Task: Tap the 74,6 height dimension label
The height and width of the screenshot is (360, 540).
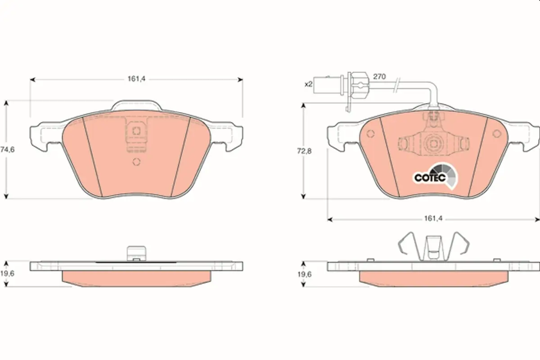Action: pos(8,150)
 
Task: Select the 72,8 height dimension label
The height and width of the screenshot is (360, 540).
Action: pos(304,151)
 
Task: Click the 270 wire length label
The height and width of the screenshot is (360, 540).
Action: pos(379,76)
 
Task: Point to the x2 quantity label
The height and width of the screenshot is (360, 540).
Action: pos(309,84)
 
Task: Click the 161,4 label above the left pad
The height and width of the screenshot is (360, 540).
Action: pos(136,79)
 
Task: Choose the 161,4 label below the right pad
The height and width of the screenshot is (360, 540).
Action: pos(433,218)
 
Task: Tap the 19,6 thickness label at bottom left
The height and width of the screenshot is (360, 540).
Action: pos(7,274)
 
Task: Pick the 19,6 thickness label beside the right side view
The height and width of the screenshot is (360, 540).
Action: pos(305,274)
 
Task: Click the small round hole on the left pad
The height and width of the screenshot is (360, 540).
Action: pos(136,162)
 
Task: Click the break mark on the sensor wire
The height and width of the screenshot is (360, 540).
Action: pos(396,86)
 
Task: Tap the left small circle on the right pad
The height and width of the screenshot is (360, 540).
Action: pos(370,134)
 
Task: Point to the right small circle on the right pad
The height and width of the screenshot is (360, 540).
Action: pos(497,133)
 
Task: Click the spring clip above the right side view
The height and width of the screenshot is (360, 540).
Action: pos(434,247)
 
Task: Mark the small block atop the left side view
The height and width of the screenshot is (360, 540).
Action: pos(136,253)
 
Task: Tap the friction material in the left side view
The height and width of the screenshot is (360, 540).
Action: pos(136,279)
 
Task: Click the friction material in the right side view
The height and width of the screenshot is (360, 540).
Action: pos(434,279)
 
